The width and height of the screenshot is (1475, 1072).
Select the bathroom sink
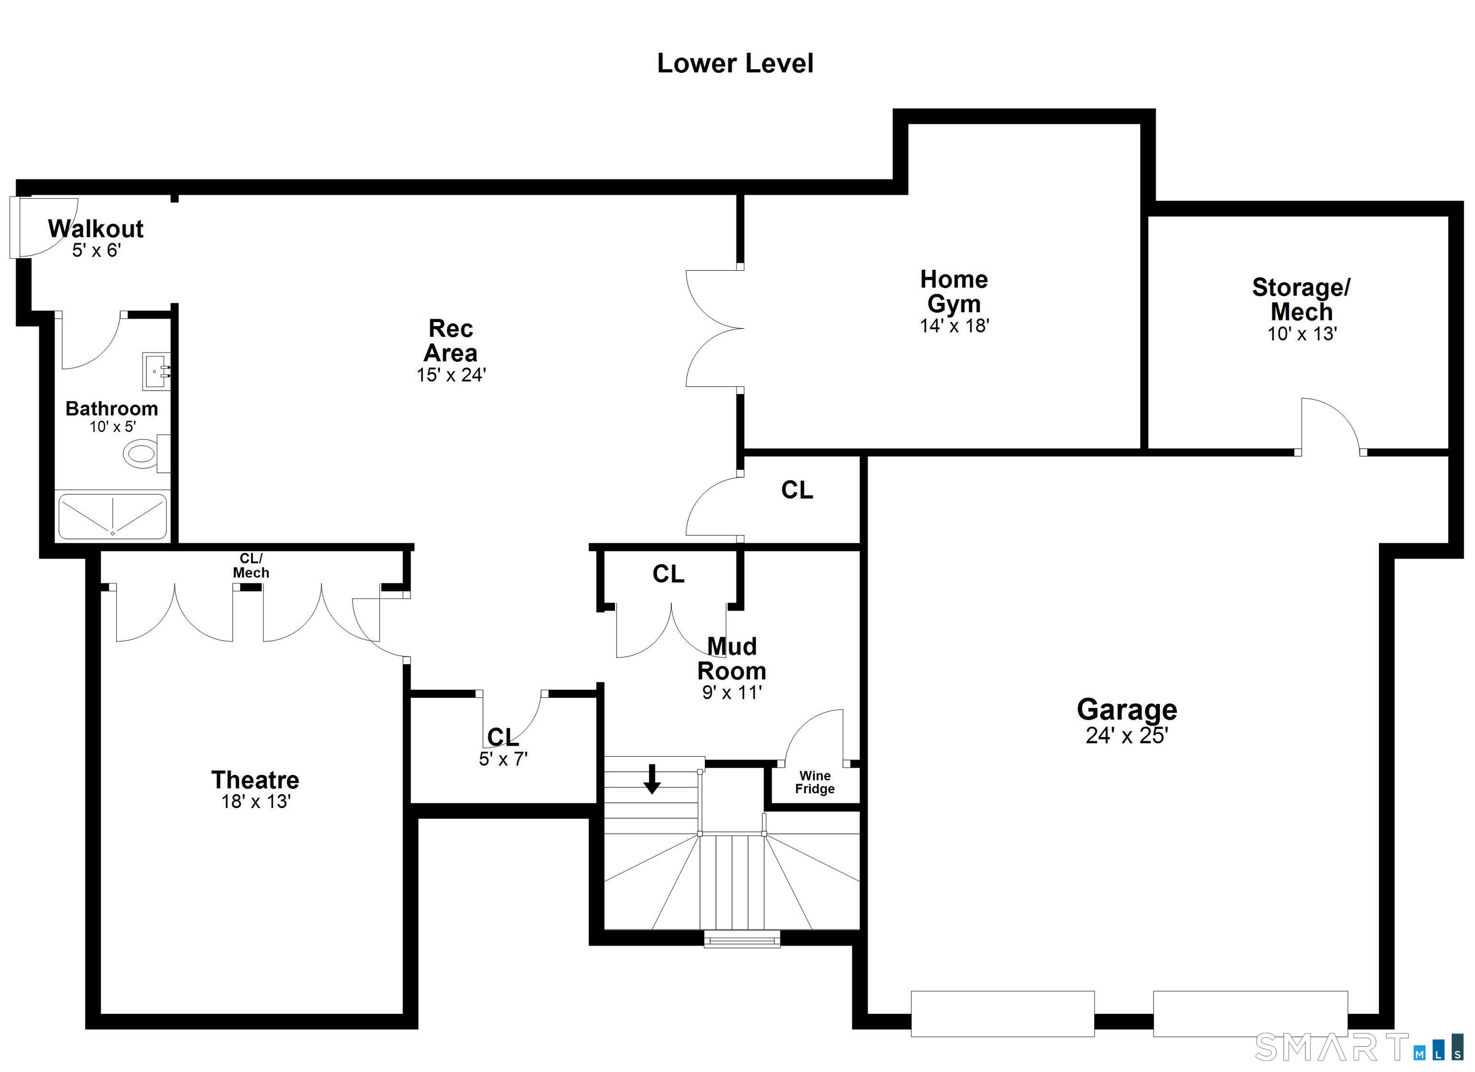tap(156, 371)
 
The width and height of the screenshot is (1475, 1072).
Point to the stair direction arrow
tap(652, 779)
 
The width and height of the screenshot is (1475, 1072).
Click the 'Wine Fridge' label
tap(815, 782)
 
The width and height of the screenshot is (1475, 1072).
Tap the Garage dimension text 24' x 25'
tap(1126, 735)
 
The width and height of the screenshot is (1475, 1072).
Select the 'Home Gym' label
tap(954, 291)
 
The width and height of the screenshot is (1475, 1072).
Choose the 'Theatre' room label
tap(255, 779)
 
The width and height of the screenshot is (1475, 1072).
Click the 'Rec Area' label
tap(451, 340)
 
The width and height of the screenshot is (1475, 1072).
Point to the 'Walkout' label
tap(96, 229)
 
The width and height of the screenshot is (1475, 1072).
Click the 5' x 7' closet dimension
tap(503, 759)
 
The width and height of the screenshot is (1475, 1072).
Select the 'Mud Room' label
tap(732, 658)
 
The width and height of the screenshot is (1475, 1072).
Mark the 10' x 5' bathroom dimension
tap(112, 427)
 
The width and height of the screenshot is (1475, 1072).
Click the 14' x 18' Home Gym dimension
tap(954, 326)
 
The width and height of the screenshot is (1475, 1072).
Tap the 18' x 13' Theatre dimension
tap(255, 801)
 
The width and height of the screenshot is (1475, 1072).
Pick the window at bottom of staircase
tap(742, 939)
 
